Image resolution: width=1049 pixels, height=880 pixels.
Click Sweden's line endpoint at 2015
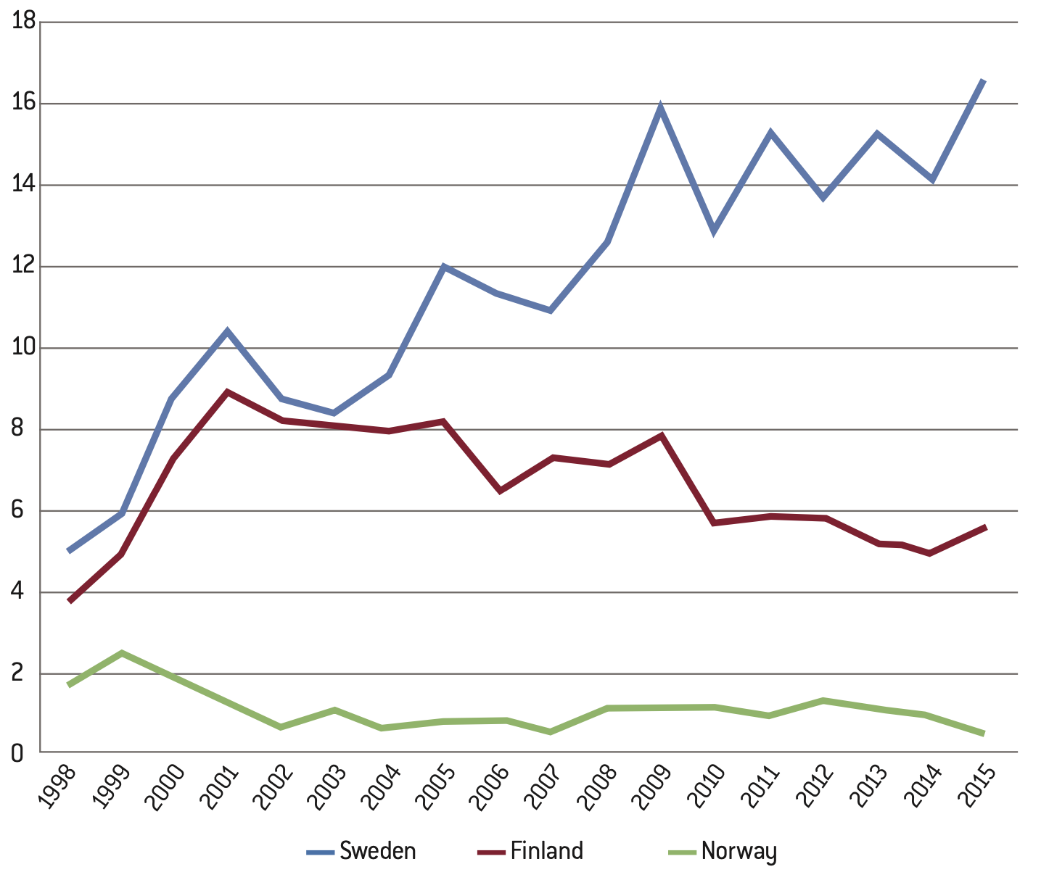984,80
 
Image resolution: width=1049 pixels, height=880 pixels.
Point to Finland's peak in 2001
228,392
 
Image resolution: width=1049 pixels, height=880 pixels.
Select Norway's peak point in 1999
122,653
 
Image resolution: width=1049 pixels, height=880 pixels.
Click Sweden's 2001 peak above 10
228,332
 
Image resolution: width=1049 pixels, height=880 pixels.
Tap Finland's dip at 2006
499,491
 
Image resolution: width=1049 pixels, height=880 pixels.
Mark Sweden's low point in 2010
715,231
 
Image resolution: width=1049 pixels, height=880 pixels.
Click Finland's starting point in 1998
69,601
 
